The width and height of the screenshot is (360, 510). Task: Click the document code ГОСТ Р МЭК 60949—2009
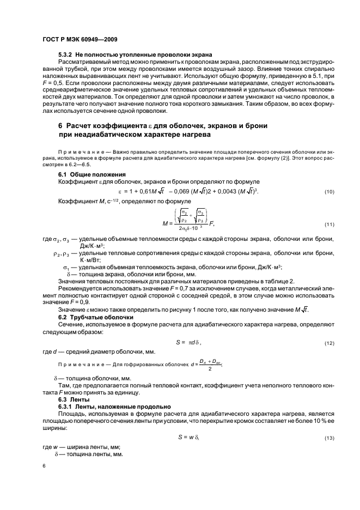click(80, 40)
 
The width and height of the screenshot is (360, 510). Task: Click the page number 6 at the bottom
click(44, 466)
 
